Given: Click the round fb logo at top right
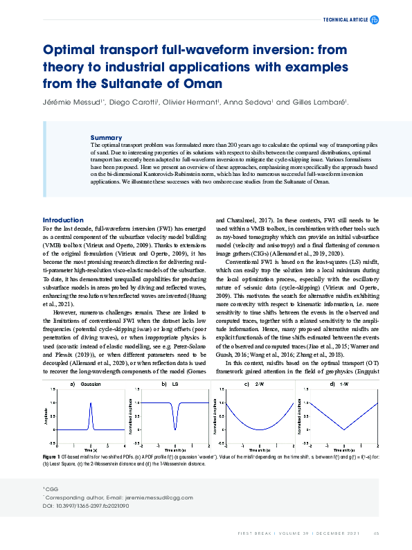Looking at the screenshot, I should tap(375, 20).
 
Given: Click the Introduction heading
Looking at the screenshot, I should tap(63, 220).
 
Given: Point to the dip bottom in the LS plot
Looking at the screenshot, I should tap(175, 428).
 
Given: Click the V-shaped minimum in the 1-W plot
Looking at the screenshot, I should tap(344, 429).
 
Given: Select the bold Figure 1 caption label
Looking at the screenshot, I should tap(53, 457).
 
